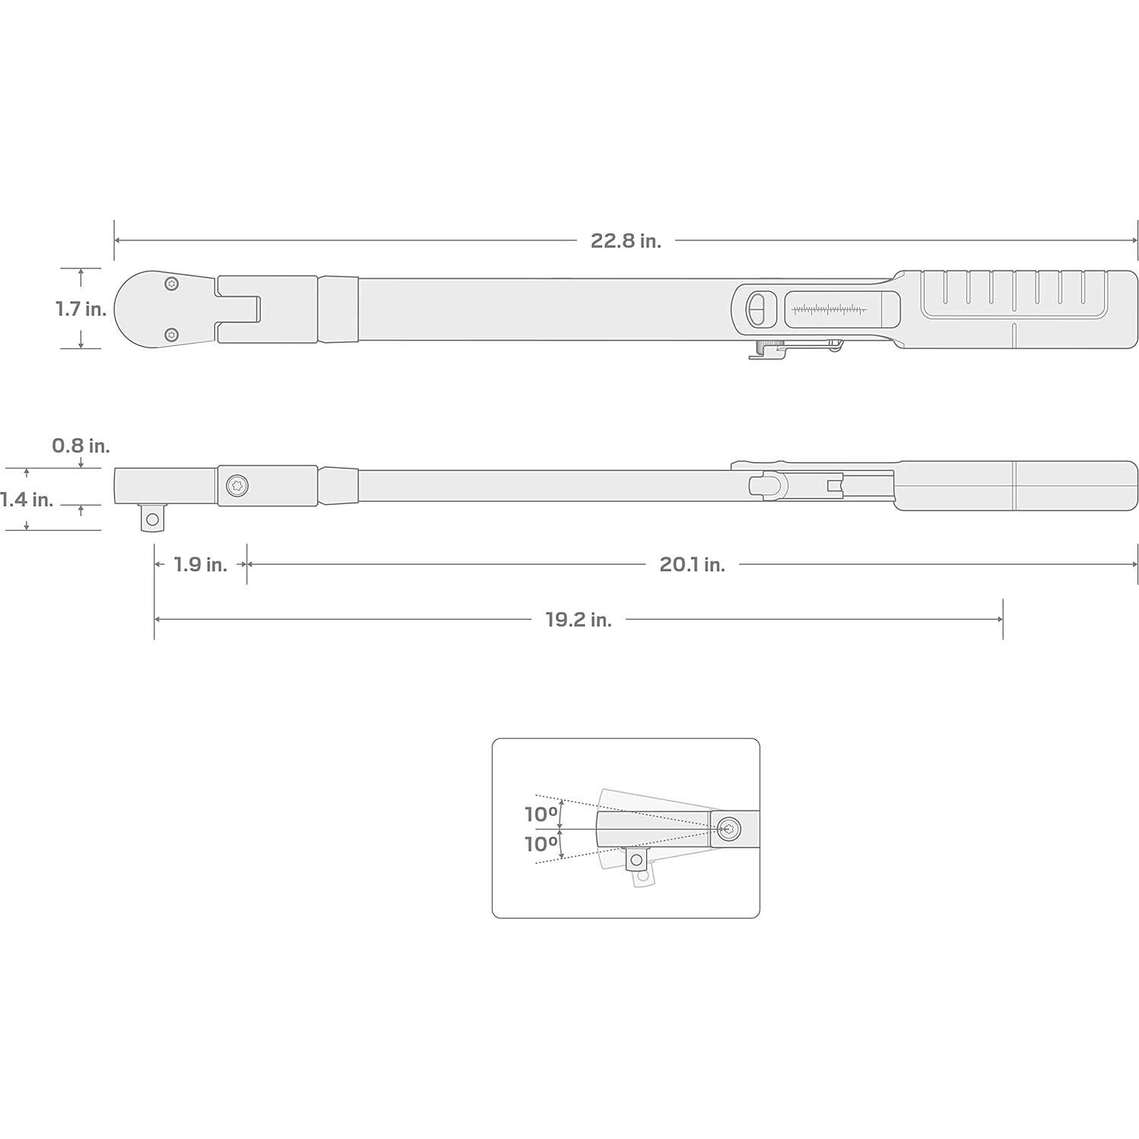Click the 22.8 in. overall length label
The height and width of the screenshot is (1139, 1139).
coord(625,241)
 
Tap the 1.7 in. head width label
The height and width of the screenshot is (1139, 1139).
coord(80,309)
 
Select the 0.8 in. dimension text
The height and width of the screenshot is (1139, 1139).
coord(81,446)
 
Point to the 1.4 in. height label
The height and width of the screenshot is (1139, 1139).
coord(27,500)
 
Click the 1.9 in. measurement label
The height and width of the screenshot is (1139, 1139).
coord(200,564)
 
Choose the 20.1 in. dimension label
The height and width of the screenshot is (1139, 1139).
coord(691,564)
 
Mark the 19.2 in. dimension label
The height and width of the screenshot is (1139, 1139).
coord(578,620)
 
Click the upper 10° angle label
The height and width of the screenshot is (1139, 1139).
coord(541,814)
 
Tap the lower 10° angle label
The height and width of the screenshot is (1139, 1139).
coord(541,844)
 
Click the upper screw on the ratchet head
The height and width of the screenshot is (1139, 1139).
coord(172,284)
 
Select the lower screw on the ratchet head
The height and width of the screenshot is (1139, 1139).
coord(172,334)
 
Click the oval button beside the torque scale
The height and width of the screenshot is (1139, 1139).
coord(757,309)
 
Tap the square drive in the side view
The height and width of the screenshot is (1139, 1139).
coord(153,519)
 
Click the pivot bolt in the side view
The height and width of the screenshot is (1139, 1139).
coord(237,485)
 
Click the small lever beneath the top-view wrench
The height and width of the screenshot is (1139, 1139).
coord(795,349)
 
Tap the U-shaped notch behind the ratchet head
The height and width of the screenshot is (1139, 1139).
coord(240,309)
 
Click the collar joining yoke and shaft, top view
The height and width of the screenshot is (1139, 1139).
coord(338,309)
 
